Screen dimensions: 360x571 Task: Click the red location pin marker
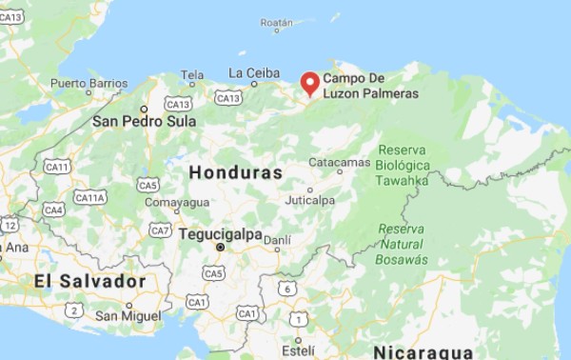[x=309, y=83]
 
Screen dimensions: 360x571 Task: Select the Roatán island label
[x=276, y=22]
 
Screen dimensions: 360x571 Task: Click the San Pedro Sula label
[x=144, y=122]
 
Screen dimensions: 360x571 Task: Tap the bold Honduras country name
[x=236, y=172]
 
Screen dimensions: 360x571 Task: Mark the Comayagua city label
[x=177, y=202]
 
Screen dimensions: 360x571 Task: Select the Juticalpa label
[x=310, y=201]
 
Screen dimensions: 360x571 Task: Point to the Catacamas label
[x=340, y=163]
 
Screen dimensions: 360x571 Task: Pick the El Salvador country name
[x=89, y=281]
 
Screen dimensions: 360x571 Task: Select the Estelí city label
[x=297, y=350]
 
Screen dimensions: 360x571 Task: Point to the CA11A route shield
[x=90, y=197]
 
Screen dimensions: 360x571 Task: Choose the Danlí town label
[x=277, y=241]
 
